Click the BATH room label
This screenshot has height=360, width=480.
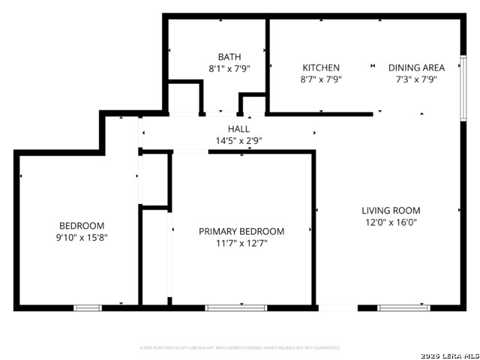pos(229,57)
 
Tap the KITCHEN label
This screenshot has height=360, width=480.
pos(321,67)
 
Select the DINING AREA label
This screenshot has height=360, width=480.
pos(416,67)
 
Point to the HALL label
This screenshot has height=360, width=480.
pos(238,129)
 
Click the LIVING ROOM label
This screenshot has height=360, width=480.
pos(391,211)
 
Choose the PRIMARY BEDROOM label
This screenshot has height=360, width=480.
pos(241,232)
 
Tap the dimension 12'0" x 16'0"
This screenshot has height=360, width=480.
pos(391,222)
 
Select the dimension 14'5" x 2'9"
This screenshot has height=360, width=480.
pos(238,140)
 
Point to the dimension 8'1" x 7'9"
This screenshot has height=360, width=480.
pos(229,68)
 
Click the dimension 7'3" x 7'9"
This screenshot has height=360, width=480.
pos(416,79)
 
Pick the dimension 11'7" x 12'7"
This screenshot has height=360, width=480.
pos(241,243)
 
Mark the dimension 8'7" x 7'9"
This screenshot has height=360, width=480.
pos(321,79)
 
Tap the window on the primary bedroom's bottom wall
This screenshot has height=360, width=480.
pos(236,307)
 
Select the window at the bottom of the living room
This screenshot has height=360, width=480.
pos(403,307)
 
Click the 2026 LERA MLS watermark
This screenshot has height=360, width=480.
pos(450,355)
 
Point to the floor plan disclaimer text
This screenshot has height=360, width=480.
pos(239,348)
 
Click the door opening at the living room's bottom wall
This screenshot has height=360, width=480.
pos(337,307)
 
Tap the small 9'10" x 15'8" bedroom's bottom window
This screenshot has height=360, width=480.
pos(88,307)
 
